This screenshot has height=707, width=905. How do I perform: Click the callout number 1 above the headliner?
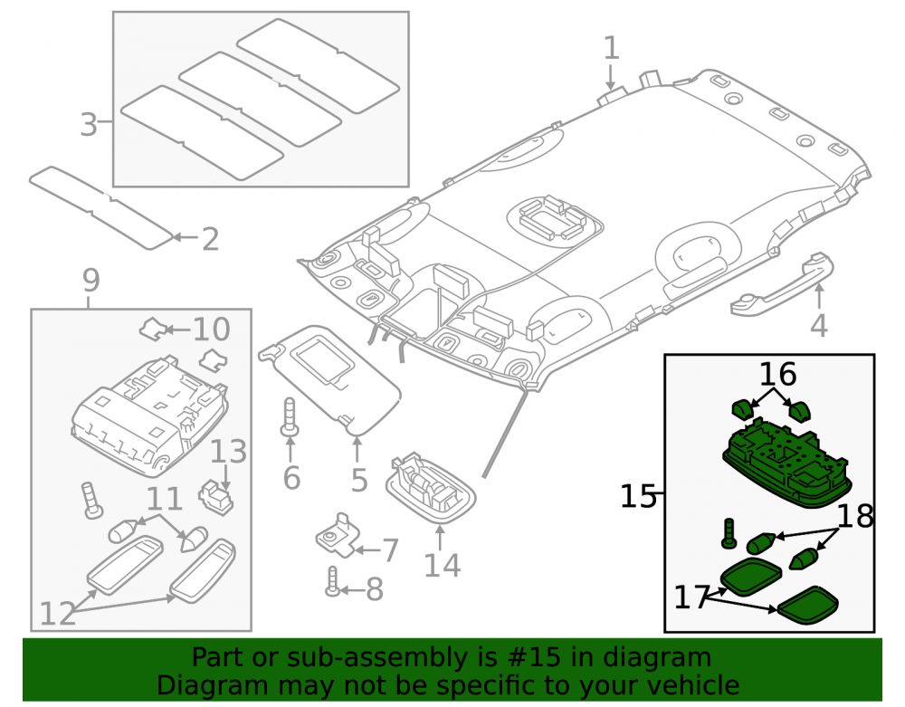tap(611, 48)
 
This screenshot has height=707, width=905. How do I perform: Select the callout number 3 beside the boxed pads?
tap(89, 124)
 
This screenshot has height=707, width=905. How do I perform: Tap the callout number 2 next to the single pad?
tap(211, 239)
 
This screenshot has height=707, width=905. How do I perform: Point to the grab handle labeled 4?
tap(782, 285)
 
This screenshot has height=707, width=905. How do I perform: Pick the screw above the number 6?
tap(290, 416)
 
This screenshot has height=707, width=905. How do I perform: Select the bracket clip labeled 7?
tap(336, 534)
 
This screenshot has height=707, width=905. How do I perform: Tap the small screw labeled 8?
tap(332, 580)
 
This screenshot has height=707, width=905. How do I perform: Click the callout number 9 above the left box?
tap(91, 281)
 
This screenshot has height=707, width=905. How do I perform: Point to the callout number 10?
tap(211, 329)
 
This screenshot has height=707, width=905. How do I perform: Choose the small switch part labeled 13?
tap(216, 497)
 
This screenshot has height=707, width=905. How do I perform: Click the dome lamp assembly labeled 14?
tap(431, 488)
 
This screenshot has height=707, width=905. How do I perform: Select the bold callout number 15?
tap(638, 496)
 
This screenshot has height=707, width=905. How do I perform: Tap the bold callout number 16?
tap(777, 374)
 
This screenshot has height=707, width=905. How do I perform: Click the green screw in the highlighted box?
tap(729, 532)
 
